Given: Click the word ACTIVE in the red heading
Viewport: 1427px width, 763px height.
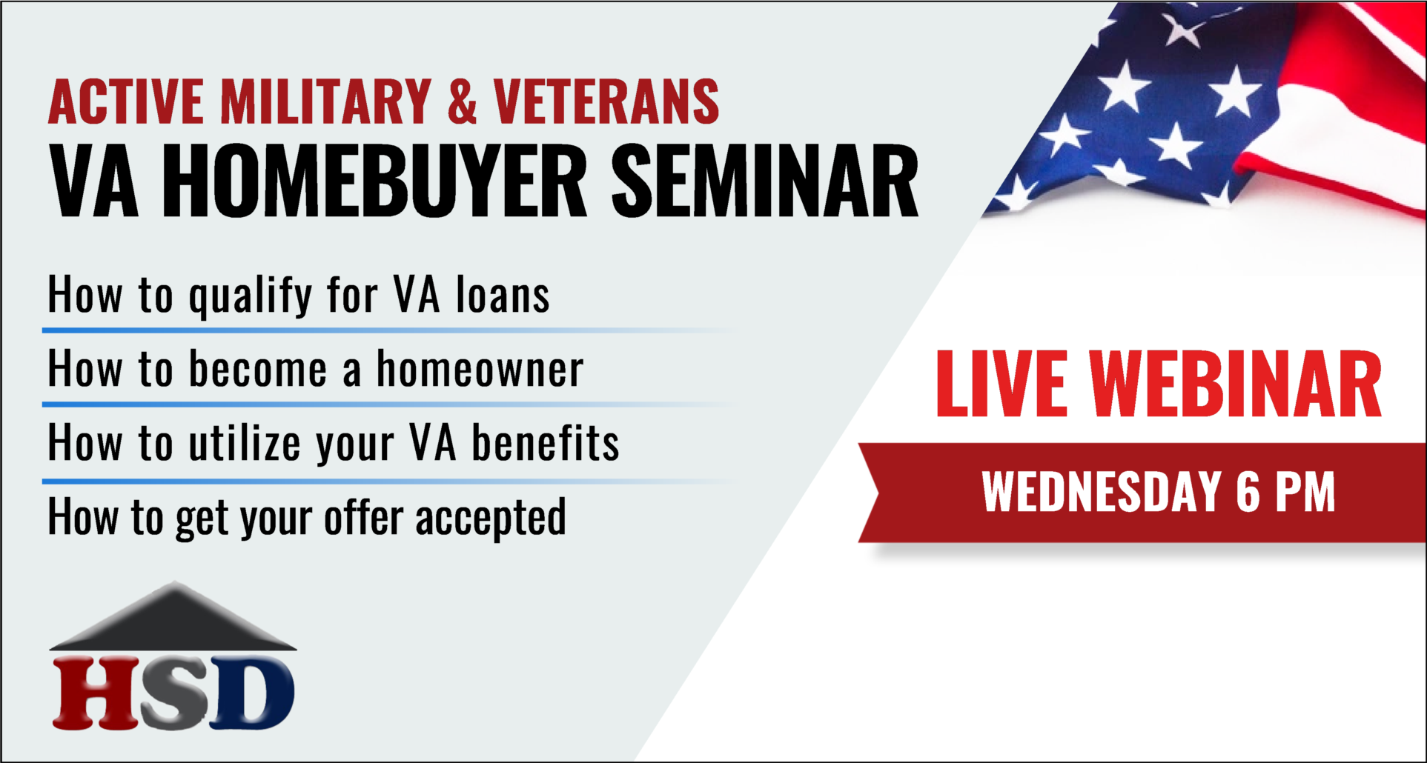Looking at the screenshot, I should (x=126, y=101).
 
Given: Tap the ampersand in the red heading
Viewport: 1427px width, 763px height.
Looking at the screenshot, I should (x=462, y=101).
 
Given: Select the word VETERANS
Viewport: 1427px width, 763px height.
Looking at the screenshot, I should (x=606, y=101).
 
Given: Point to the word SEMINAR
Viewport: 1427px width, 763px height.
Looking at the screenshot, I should (x=764, y=181).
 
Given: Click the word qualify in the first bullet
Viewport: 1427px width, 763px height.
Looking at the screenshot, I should (x=250, y=296).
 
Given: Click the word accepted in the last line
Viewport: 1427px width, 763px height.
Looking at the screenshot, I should (x=491, y=518).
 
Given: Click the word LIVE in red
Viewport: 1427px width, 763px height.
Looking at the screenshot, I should (x=1001, y=384).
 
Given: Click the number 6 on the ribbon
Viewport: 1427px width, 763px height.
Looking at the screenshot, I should (x=1248, y=492).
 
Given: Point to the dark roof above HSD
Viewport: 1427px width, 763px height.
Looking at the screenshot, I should (x=173, y=622).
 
